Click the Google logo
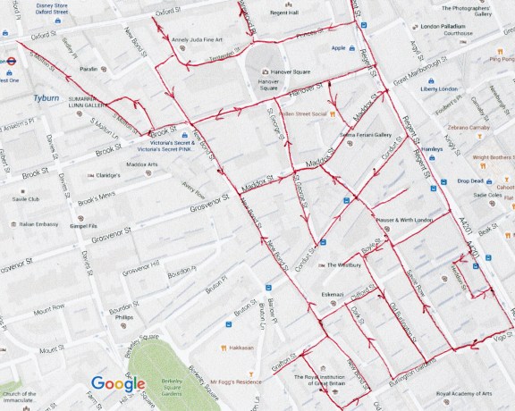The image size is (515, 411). (118, 384)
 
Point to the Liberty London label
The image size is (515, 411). (439, 88)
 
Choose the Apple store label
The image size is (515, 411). (338, 48)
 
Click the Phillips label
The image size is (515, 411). (123, 317)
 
